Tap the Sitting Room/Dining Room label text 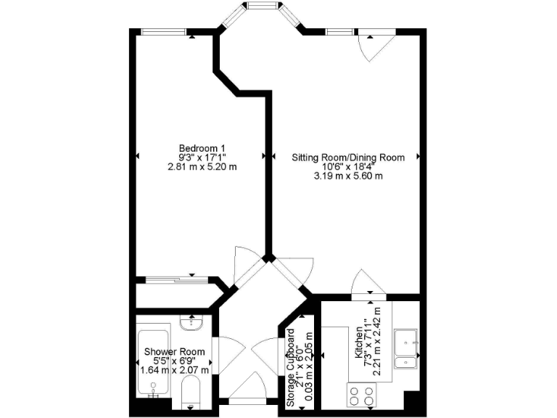[x=348, y=157]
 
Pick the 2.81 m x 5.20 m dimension [x=202, y=166]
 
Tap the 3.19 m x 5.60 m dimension [x=348, y=176]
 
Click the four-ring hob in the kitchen [x=362, y=396]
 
